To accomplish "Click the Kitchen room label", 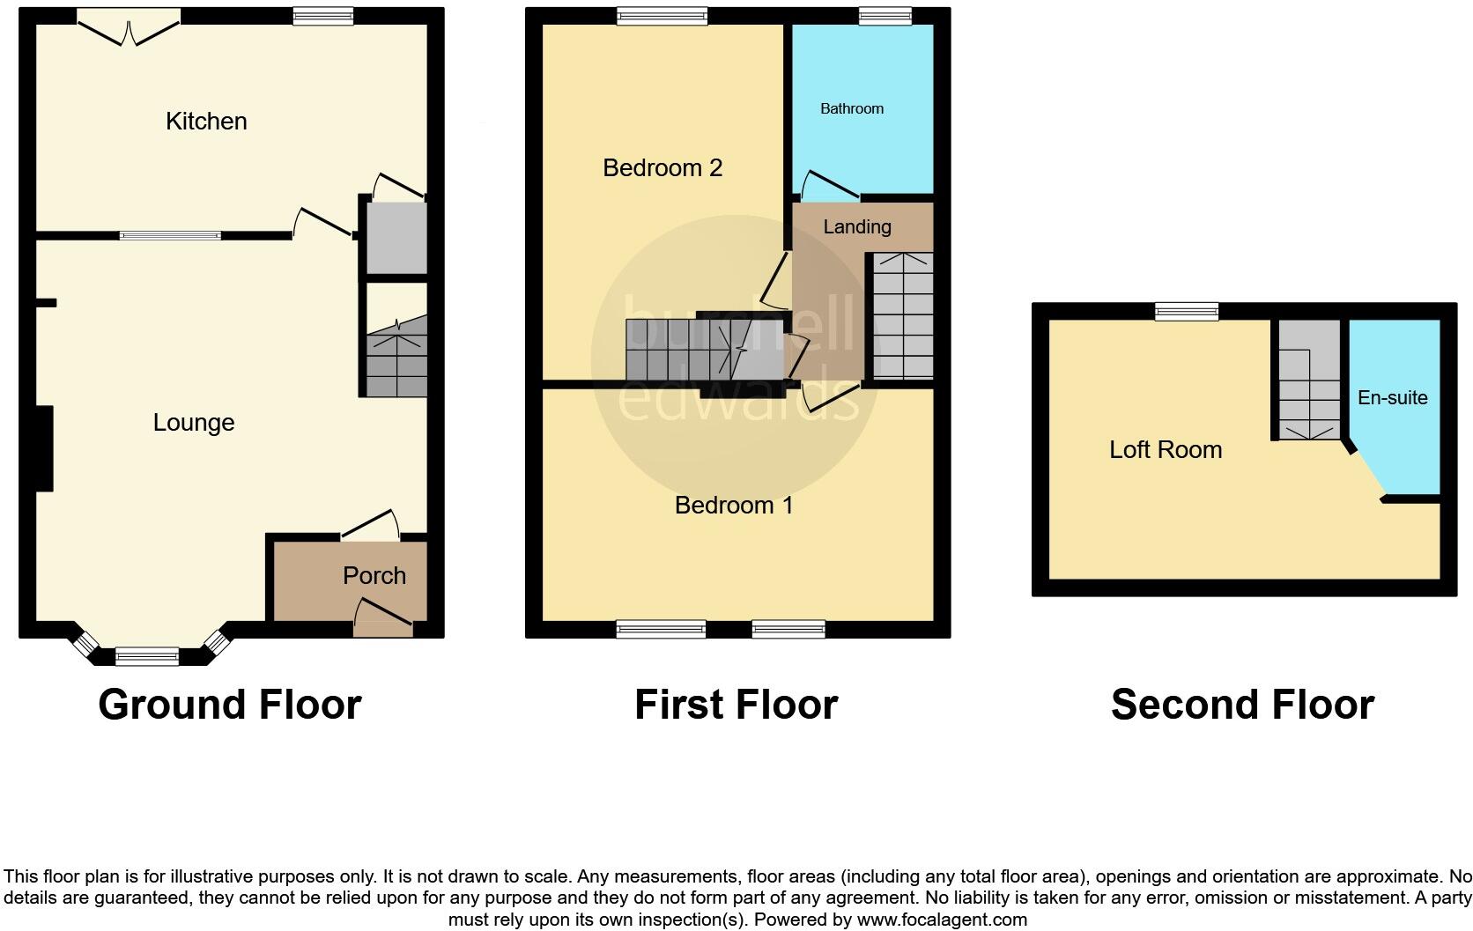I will coord(206,121).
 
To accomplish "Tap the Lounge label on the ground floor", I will coord(193,423).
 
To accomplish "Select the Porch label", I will coord(374,575).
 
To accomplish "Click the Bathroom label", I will coord(851,108).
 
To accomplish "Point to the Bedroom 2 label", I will coord(662,167).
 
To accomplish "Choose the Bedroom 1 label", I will coord(734,505).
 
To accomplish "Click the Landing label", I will coord(856,226).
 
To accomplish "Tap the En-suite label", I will coord(1392,397).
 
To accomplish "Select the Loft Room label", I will coord(1165,449).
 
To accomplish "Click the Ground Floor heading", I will coord(230,705).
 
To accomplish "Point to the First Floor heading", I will coord(736,705).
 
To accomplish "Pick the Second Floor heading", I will coord(1242,705).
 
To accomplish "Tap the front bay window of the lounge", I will coord(147,655).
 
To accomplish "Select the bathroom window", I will coord(885,15).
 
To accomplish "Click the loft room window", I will coord(1187,311).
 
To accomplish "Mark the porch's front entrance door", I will coord(383,619).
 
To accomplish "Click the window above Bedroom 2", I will coord(662,15).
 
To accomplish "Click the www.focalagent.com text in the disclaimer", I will coord(941,920).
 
